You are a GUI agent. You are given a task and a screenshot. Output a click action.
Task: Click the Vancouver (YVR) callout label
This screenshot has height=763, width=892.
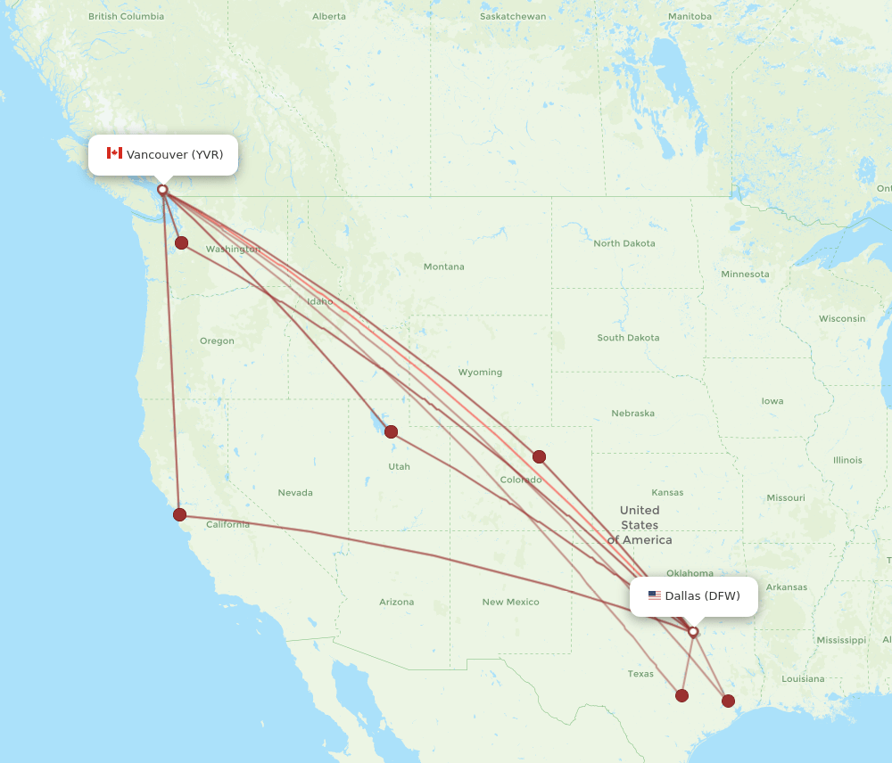[x=163, y=154]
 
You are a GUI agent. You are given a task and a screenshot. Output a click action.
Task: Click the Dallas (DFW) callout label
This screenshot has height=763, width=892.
[x=694, y=595]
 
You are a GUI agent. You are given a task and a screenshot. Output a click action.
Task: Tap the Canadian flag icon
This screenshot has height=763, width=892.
[x=114, y=153]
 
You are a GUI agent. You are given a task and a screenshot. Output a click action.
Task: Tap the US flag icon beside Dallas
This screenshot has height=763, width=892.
[x=655, y=595]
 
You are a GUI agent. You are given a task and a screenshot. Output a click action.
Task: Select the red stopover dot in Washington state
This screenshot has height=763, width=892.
[x=181, y=242]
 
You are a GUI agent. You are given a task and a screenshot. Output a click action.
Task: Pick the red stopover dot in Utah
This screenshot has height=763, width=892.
[x=391, y=432]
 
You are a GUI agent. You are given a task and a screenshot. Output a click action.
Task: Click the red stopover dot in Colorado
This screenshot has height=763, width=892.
[x=539, y=456]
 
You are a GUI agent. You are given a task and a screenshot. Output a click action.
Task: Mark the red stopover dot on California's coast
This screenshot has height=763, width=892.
[x=179, y=514]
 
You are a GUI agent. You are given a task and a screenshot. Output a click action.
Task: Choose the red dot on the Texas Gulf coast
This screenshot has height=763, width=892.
[x=728, y=701]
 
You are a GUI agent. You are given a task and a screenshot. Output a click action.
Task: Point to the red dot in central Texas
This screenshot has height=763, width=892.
[x=681, y=695]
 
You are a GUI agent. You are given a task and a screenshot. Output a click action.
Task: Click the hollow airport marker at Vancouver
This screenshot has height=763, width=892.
[x=162, y=189]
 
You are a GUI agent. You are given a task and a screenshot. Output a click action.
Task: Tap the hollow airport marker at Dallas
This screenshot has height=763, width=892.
[x=693, y=631]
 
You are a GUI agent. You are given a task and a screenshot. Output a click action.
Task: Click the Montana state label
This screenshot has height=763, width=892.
[x=443, y=267]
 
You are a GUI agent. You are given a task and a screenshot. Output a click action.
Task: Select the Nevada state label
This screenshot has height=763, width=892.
[x=295, y=492]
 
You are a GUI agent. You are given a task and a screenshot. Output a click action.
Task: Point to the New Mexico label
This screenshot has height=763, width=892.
[x=510, y=602]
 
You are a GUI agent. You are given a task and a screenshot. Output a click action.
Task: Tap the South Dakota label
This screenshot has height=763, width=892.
[x=628, y=338]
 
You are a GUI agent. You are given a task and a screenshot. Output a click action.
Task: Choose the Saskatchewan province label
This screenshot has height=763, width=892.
[x=512, y=16]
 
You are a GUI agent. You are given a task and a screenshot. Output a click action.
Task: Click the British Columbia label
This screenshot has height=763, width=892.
[x=126, y=16]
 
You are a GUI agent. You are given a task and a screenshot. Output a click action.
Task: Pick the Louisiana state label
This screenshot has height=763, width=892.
[x=803, y=678]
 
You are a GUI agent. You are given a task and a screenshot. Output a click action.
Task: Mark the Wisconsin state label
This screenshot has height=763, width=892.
[x=841, y=318]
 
